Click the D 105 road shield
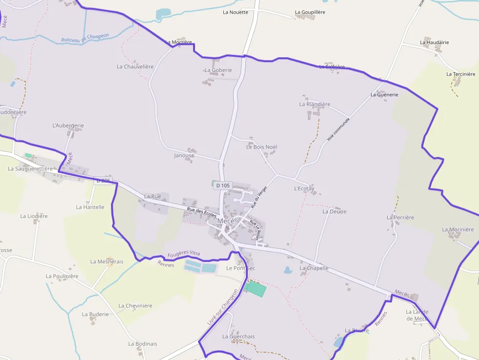tap(222, 186)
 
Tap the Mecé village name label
tap(225, 221)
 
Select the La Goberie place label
tap(218, 70)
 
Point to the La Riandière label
tap(315, 104)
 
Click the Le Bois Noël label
tap(262, 147)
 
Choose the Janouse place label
tap(184, 155)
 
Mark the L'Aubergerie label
tap(68, 126)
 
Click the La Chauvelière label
tap(135, 66)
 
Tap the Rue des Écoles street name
tap(201, 212)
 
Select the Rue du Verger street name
tap(259, 197)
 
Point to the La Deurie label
tap(334, 212)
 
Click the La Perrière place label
tap(400, 217)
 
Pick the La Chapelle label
tap(314, 268)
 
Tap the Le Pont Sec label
tap(240, 268)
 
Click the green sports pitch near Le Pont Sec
tap(256, 288)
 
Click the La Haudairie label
tap(434, 42)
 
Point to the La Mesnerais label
tap(107, 261)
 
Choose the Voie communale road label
tap(339, 129)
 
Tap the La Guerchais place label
tap(239, 337)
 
